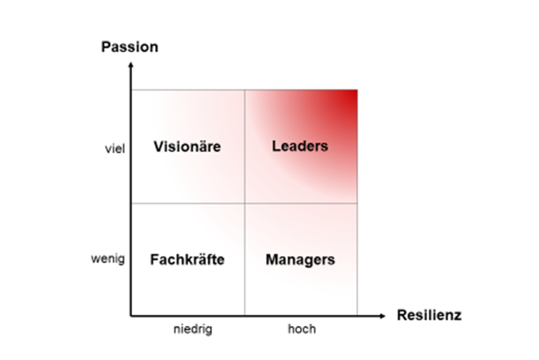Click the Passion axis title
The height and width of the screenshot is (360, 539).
coord(130,47)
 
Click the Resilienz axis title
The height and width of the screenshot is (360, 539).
coord(429,315)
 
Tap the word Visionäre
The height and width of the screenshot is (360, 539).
coord(188,146)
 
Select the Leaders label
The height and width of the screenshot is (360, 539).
coord(300,146)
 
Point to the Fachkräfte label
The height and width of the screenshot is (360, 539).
coord(188,259)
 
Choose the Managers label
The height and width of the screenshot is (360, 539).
coord(301,260)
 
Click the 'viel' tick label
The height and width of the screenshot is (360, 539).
coord(115,149)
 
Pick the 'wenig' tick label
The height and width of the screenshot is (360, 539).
coord(108,258)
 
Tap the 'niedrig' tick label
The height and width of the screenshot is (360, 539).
coord(193,329)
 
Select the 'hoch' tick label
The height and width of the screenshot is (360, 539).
coord(302,329)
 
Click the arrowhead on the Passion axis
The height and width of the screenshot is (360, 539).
coord(131,64)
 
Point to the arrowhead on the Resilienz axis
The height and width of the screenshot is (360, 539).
coord(383,316)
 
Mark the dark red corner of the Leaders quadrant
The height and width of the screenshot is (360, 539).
coord(357,91)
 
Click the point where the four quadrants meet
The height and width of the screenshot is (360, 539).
coord(244,204)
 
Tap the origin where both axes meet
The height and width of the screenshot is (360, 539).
coord(131,316)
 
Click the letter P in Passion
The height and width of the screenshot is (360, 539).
coord(106,47)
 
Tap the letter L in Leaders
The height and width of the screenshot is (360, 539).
coord(276,146)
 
